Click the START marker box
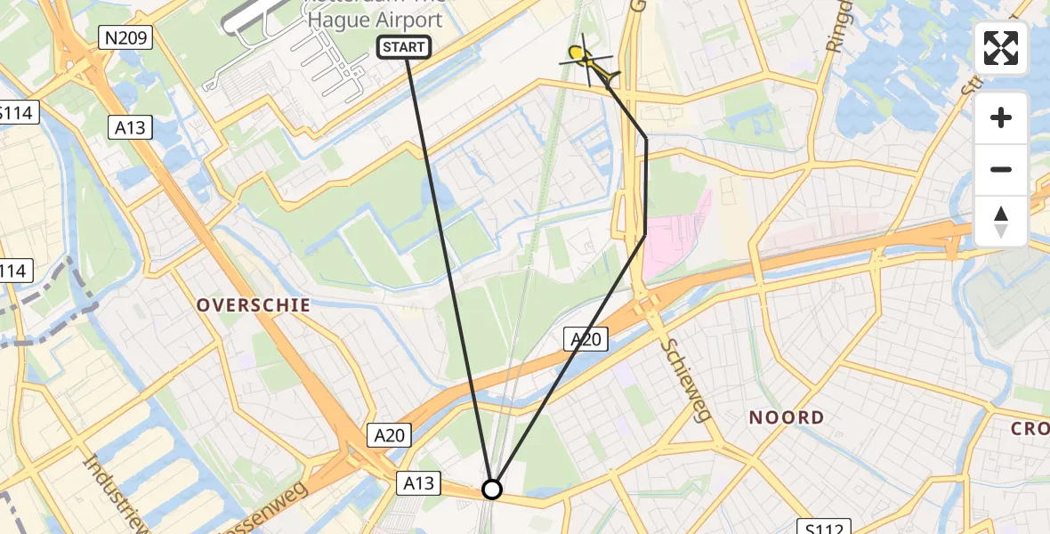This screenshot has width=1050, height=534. click(405, 47)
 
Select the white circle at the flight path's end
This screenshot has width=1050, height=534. click(492, 489)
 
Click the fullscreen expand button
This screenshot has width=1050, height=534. click(1001, 47)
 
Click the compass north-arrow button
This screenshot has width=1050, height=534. click(1001, 222)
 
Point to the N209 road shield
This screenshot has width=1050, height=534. click(125, 37)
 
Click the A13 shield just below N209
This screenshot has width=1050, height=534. click(130, 128)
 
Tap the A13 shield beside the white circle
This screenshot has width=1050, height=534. click(418, 483)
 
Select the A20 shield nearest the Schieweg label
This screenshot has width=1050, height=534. click(586, 338)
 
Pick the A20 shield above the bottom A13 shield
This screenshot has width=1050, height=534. click(390, 434)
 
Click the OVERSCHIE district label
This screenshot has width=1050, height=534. click(254, 305)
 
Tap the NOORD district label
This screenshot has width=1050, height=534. click(786, 417)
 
